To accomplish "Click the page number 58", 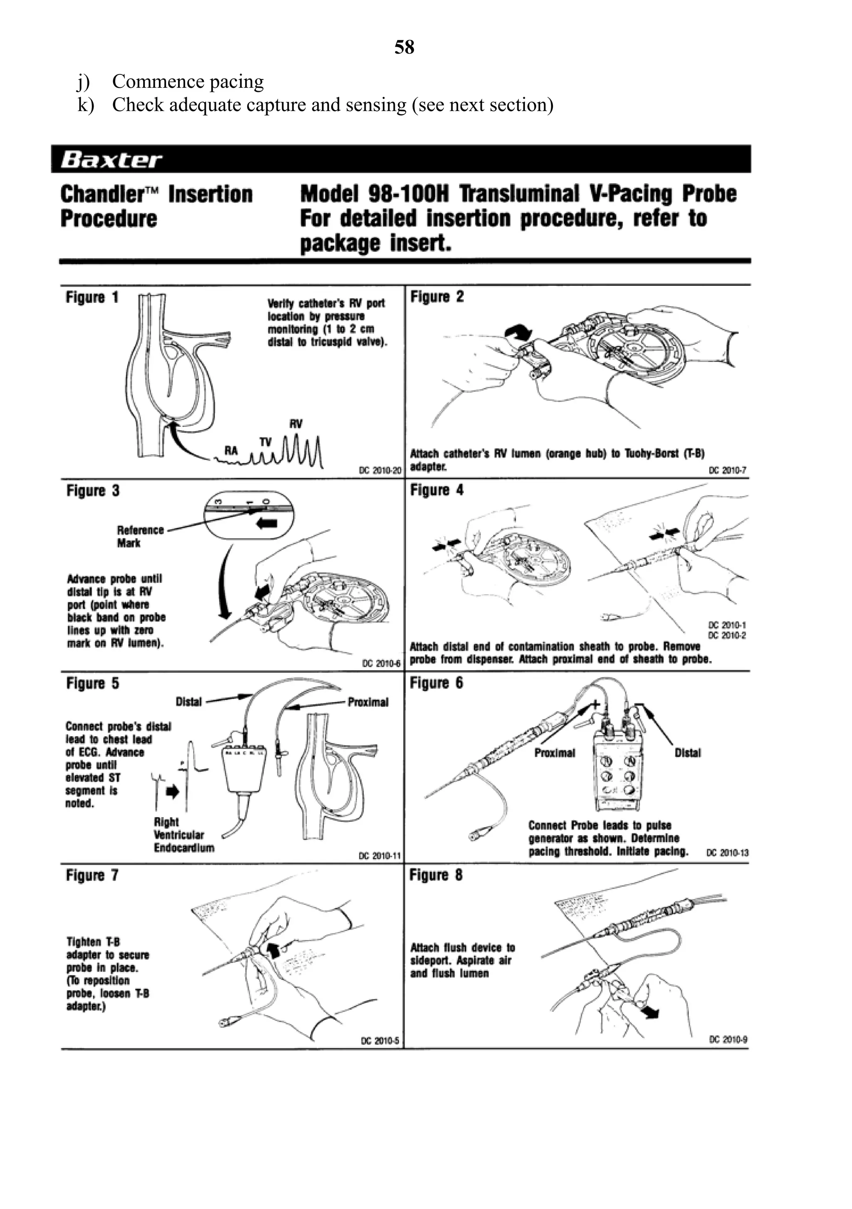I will tap(404, 47).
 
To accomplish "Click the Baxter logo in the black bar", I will tap(111, 160).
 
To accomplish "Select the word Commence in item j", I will tap(151, 82).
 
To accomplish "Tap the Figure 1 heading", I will tap(92, 297).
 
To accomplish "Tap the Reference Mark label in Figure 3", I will tap(140, 536).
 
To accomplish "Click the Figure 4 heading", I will tap(436, 490).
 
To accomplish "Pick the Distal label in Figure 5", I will tap(188, 702).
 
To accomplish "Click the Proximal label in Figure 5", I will tap(368, 702).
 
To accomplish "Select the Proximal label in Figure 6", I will tap(555, 753).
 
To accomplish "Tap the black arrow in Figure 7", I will tap(273, 951).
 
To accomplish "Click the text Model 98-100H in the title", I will tap(374, 194).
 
